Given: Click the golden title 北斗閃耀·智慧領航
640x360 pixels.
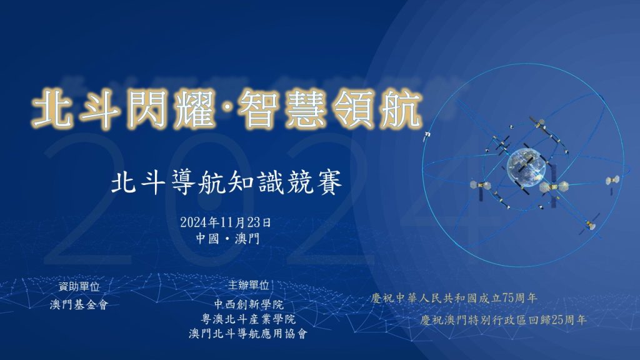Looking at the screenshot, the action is [x=227, y=109].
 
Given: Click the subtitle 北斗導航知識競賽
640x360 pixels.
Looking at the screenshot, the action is [x=226, y=182].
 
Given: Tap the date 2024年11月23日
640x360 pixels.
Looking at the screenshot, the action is [x=226, y=222].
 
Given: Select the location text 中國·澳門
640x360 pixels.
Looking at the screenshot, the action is [x=227, y=238].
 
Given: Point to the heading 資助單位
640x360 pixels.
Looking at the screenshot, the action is [x=79, y=286].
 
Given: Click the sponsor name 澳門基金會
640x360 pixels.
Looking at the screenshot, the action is [x=79, y=304].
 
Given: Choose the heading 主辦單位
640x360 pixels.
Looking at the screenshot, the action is [x=248, y=285].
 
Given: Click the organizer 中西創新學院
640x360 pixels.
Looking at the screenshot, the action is [x=249, y=304].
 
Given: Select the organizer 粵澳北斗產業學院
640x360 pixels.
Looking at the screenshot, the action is [x=248, y=319].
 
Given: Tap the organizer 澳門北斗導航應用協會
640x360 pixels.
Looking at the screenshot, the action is [x=248, y=334].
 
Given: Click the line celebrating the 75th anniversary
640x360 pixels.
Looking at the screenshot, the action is [x=454, y=298].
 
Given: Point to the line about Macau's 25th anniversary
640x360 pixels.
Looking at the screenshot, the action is [x=503, y=320].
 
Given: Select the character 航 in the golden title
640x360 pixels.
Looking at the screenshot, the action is [x=401, y=109].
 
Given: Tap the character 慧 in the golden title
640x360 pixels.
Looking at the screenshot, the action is [x=306, y=109].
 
